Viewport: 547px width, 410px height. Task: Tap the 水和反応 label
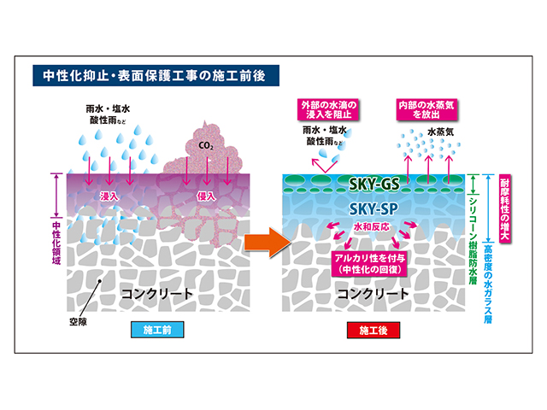(x=371, y=228)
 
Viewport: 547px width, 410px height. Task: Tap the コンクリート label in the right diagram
(x=373, y=294)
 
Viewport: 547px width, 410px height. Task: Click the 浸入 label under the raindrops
(x=109, y=196)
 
